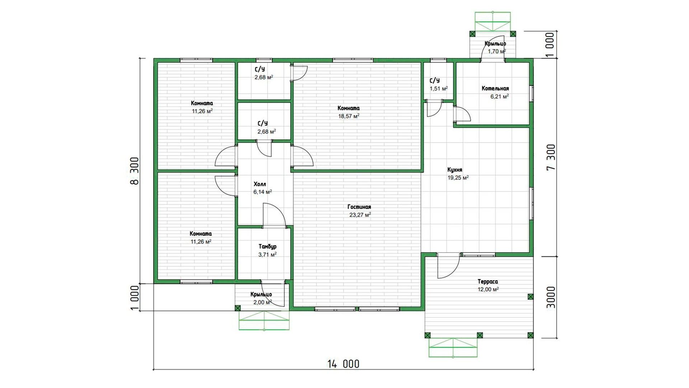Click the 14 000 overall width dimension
343,364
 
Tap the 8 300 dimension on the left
134,171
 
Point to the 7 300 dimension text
551,157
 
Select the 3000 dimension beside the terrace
551,297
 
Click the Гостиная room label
359,207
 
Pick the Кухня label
455,170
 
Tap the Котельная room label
495,88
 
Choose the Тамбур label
267,247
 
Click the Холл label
260,184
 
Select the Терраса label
488,282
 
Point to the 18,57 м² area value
349,116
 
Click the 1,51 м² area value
439,88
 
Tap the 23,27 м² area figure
360,215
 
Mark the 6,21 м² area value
500,96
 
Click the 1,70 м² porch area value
497,51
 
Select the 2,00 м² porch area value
263,302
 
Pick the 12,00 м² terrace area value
488,290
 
